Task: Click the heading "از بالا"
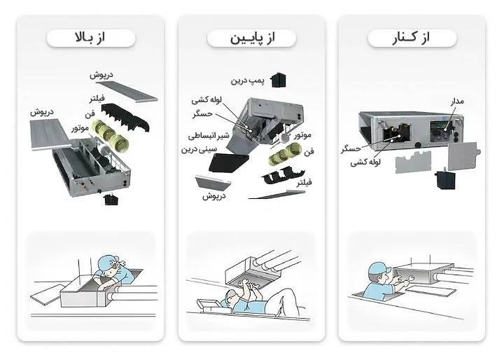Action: tap(90, 38)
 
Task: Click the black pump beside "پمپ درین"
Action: tap(281, 78)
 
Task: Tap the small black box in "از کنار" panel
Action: tap(442, 179)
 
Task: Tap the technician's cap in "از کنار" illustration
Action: tap(377, 268)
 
